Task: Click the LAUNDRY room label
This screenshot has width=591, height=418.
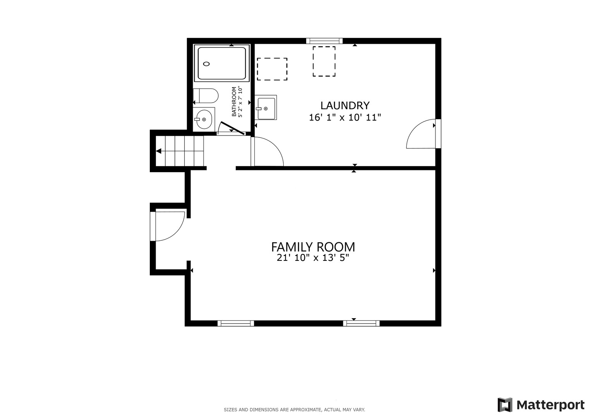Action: [x=345, y=106]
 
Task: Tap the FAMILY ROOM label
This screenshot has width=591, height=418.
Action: [x=313, y=247]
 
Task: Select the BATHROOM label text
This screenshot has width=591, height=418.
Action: [x=234, y=101]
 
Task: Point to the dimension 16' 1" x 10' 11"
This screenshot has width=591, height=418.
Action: [x=345, y=117]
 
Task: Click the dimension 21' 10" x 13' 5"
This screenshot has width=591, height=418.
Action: [x=313, y=257]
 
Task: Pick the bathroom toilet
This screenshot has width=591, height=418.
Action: [x=206, y=96]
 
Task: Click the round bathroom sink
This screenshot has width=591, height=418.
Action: [x=204, y=120]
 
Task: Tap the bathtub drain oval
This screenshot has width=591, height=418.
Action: [x=207, y=64]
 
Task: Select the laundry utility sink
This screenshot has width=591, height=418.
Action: [x=266, y=108]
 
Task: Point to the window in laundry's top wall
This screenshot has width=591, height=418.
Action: [x=324, y=41]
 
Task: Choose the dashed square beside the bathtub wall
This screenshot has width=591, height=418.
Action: [x=272, y=69]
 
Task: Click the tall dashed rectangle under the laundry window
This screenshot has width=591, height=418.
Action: [x=324, y=62]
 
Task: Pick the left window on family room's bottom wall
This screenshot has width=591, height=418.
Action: [x=236, y=323]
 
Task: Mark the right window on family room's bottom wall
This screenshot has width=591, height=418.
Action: [x=361, y=323]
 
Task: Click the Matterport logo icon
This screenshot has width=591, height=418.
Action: [x=505, y=405]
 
